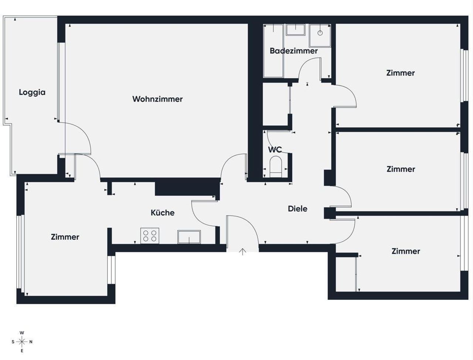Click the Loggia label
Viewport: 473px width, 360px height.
click(x=32, y=92)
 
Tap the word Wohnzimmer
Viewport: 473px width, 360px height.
click(x=157, y=99)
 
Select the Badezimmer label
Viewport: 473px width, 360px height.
click(x=294, y=51)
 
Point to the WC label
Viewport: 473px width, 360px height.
click(x=275, y=149)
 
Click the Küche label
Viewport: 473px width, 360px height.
click(x=163, y=213)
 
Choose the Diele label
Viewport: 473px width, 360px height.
click(x=297, y=208)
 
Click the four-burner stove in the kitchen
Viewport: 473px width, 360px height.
click(x=150, y=236)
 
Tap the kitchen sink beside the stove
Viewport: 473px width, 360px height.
click(x=189, y=237)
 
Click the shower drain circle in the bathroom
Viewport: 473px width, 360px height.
click(x=320, y=33)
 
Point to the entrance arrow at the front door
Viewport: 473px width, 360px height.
click(x=243, y=252)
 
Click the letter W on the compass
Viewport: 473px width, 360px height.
click(x=22, y=333)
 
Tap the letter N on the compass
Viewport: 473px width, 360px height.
click(x=31, y=342)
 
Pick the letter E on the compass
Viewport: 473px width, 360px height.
click(x=22, y=351)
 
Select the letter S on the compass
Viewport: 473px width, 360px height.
click(x=13, y=342)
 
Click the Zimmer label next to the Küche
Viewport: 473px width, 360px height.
click(x=65, y=237)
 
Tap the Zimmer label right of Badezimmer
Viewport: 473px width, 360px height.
click(x=400, y=73)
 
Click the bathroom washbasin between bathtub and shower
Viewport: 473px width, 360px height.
click(x=295, y=30)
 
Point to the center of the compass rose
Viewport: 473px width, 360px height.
click(x=22, y=342)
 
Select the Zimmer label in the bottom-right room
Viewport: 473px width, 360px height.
click(x=406, y=251)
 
